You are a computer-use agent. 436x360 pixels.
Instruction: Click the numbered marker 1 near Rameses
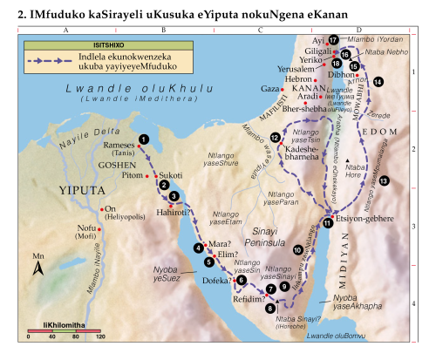coord(144,139)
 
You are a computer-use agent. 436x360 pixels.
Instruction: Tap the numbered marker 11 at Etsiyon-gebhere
coord(327,223)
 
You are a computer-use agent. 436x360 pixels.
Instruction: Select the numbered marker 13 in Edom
coord(385,179)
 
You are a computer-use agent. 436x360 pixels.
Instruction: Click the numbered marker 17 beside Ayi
coord(333,41)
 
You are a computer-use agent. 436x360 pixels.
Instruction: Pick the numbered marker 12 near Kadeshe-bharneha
coord(276,138)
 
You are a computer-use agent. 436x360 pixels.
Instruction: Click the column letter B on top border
coord(163,31)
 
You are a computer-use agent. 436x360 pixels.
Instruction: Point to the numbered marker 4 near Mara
coord(198,248)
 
